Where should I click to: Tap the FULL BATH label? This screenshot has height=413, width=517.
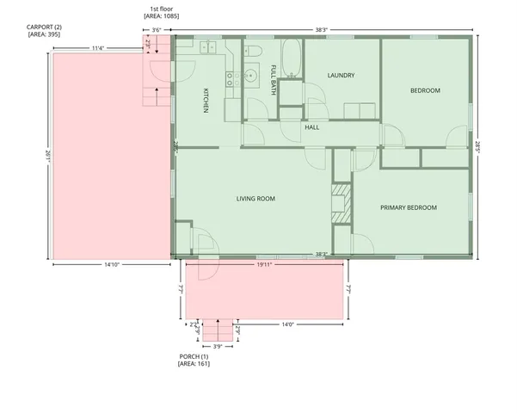click(274, 80)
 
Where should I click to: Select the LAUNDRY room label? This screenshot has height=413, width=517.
click(342, 76)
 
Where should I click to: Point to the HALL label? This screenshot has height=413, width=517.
click(311, 127)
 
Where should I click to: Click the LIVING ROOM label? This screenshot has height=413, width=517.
click(255, 199)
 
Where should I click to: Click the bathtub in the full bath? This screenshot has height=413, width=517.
click(289, 57)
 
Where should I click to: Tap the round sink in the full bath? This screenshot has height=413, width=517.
click(251, 76)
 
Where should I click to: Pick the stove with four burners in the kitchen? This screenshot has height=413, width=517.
click(231, 80)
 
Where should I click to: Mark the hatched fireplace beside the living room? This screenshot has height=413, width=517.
click(340, 199)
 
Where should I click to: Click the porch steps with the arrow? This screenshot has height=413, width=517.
click(218, 330)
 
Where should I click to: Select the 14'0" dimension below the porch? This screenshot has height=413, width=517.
click(287, 324)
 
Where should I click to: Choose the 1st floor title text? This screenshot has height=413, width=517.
click(161, 9)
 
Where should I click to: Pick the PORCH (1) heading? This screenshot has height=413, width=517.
click(194, 356)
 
